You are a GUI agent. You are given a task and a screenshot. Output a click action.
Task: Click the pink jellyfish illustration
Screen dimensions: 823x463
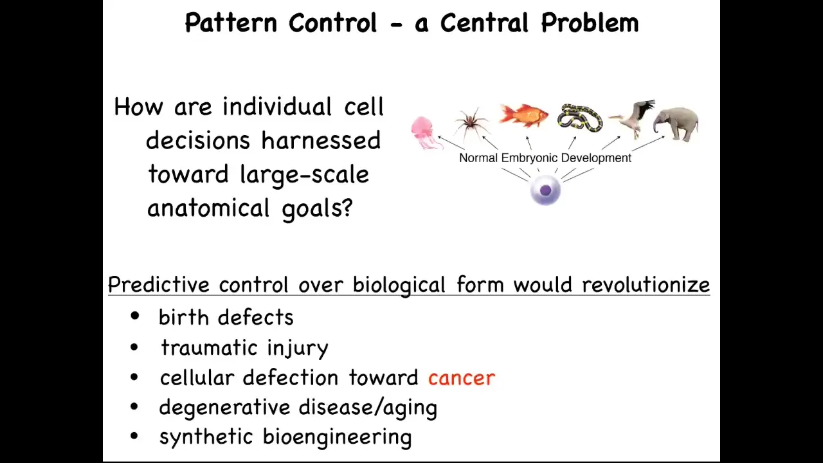[426, 133]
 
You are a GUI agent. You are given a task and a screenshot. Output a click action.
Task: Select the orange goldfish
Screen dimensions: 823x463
[523, 115]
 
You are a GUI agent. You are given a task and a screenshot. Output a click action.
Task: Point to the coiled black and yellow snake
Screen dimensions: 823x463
[580, 118]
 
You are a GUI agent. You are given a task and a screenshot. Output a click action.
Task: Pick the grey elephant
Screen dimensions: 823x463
[676, 123]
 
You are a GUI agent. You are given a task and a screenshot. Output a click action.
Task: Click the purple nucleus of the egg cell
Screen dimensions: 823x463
[546, 190]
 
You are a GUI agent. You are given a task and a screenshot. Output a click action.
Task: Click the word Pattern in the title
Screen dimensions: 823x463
[231, 23]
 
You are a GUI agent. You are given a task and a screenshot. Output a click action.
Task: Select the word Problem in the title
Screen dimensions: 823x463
[590, 23]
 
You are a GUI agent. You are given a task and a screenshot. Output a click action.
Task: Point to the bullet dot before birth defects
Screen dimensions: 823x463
[135, 316]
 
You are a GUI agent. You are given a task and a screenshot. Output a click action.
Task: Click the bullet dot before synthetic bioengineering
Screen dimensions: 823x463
[134, 436]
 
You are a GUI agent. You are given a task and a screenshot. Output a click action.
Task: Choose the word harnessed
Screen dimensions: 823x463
[321, 140]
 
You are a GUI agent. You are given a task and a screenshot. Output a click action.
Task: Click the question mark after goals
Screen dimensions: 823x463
[347, 208]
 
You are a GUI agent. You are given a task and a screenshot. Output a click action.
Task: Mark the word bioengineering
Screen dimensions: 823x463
[337, 437]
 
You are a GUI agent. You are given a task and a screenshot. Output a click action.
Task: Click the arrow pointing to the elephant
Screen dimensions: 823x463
[648, 143]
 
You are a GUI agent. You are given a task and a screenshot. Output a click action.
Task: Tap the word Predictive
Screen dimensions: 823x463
[159, 285]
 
